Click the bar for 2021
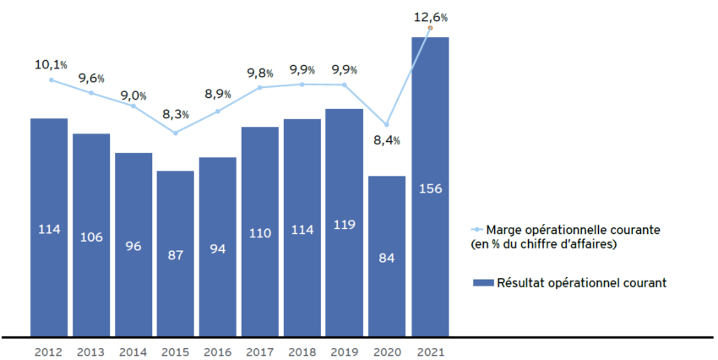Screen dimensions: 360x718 click(x=429, y=186)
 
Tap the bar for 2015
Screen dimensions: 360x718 click(x=176, y=253)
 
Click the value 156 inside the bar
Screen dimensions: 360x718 click(x=429, y=188)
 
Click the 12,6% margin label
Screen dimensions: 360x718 click(x=431, y=16)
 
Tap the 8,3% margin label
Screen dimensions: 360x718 click(x=176, y=113)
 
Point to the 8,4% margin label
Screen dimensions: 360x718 click(x=386, y=141)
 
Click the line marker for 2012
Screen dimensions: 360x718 click(x=51, y=80)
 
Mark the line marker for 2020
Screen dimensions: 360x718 click(x=387, y=124)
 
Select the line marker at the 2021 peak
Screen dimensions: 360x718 click(x=430, y=28)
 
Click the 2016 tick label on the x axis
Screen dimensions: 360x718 click(x=218, y=352)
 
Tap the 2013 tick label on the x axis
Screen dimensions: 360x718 click(x=91, y=352)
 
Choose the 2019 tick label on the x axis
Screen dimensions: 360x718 click(x=344, y=352)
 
